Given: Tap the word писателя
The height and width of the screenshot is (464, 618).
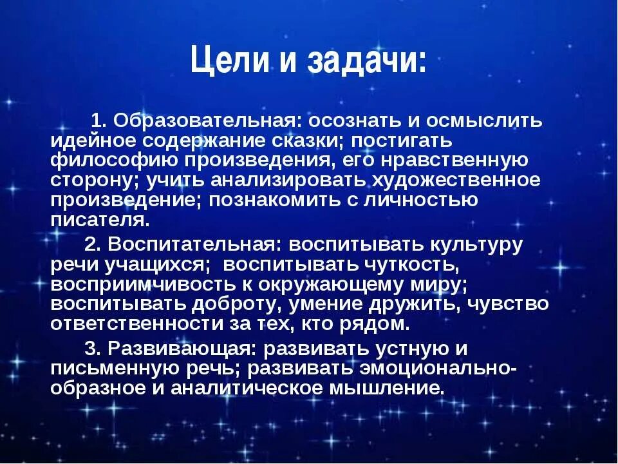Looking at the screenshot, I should [x=100, y=220].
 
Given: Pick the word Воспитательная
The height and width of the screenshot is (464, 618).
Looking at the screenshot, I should [x=193, y=245].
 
